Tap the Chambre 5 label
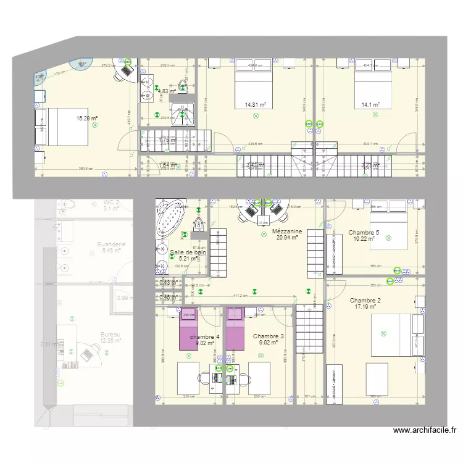(x=364, y=233)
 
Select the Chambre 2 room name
(x=368, y=300)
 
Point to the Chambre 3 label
(x=269, y=336)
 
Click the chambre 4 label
(x=204, y=337)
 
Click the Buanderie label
(x=112, y=244)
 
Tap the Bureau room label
(x=111, y=335)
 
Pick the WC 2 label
(x=111, y=202)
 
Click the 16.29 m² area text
(x=87, y=118)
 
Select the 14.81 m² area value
(x=255, y=105)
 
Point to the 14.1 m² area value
(x=370, y=105)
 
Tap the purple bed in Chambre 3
(x=235, y=328)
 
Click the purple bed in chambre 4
(x=188, y=329)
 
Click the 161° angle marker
(x=81, y=64)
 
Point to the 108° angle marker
(x=40, y=77)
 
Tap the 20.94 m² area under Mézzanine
(x=287, y=238)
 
